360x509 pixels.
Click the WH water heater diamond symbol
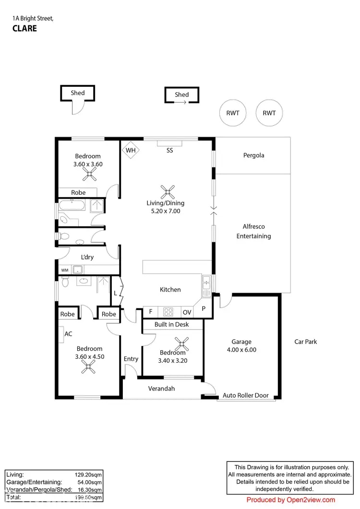click(130, 150)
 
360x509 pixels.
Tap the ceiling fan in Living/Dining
click(167, 193)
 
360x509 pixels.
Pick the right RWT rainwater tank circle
click(269, 113)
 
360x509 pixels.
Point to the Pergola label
click(253, 155)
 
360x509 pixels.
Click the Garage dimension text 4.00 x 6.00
click(241, 350)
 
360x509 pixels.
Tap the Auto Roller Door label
click(245, 396)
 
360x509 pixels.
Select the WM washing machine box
click(64, 271)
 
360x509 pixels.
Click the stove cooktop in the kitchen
click(168, 311)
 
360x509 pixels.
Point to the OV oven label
click(187, 312)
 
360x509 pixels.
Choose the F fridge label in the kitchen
click(150, 312)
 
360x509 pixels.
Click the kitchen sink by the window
click(206, 286)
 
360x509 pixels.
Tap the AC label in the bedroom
click(68, 332)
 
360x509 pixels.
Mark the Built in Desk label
click(171, 324)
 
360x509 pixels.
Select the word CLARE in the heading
click(24, 28)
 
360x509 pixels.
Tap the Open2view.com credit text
click(291, 500)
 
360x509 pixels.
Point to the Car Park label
click(305, 342)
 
